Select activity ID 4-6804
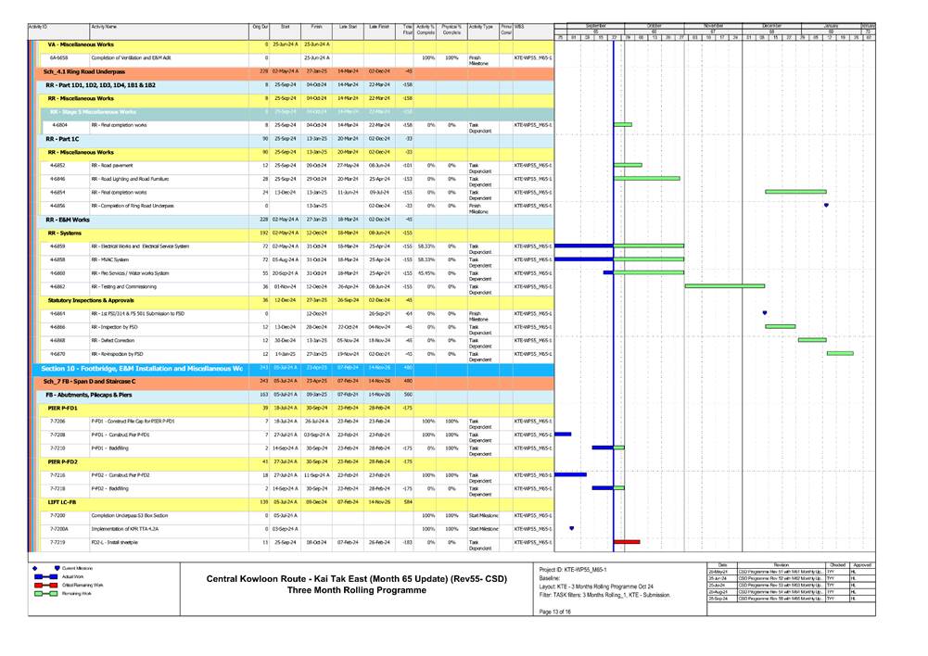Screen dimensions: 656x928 pos(59,124)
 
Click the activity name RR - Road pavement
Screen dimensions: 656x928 pos(114,165)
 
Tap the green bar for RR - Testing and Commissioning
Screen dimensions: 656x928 pos(724,286)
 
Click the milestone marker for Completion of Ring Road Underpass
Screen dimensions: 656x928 pos(826,205)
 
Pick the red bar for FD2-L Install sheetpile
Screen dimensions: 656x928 pos(627,542)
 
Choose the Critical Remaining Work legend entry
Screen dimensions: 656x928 pos(84,586)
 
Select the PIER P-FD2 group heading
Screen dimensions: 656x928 pos(62,460)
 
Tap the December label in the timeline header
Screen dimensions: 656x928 pos(770,25)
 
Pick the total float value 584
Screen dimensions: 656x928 pos(408,501)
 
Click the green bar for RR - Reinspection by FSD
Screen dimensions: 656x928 pos(840,353)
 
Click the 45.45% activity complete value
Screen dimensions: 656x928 pos(426,273)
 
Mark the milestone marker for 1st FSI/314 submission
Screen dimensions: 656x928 pos(765,313)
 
